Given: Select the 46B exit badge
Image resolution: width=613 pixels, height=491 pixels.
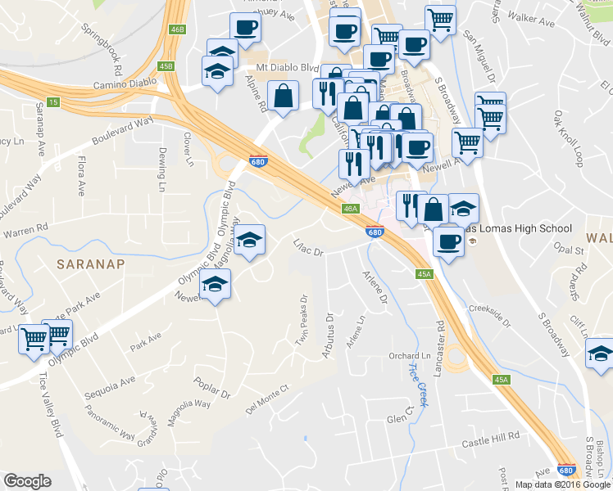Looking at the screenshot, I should [x=177, y=29].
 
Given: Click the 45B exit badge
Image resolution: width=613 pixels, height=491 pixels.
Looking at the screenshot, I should [x=166, y=66].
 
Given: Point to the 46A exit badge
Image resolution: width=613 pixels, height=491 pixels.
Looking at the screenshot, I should [x=350, y=209].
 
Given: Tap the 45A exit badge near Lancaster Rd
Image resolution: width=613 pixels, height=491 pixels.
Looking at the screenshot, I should [x=424, y=275].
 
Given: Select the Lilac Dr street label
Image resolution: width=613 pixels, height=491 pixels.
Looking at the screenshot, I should [x=310, y=248].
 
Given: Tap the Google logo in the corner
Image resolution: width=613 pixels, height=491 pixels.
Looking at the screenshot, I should [x=27, y=481].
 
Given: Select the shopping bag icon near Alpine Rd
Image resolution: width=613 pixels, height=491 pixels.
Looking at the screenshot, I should [x=283, y=96].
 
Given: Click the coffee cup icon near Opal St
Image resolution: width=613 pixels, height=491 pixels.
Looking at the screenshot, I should [x=448, y=241].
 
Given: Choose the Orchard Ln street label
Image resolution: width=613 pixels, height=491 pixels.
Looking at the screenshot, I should [x=409, y=356].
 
